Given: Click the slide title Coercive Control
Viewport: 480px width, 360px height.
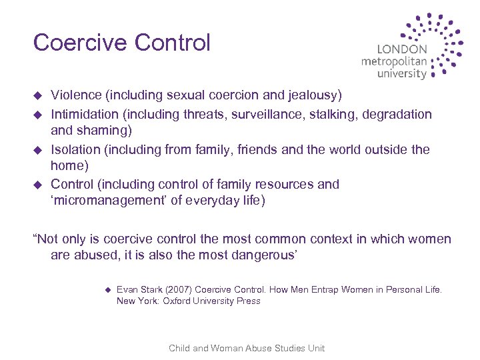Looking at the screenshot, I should (x=121, y=43).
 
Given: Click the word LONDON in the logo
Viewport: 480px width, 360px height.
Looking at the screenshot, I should (x=402, y=49).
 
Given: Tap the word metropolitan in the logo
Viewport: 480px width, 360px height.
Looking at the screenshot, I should (x=394, y=61).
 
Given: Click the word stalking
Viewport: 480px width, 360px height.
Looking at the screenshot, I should (x=336, y=115).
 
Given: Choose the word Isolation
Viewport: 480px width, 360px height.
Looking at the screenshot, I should (x=77, y=149).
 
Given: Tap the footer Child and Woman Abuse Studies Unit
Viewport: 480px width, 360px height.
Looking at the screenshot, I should (x=247, y=348).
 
